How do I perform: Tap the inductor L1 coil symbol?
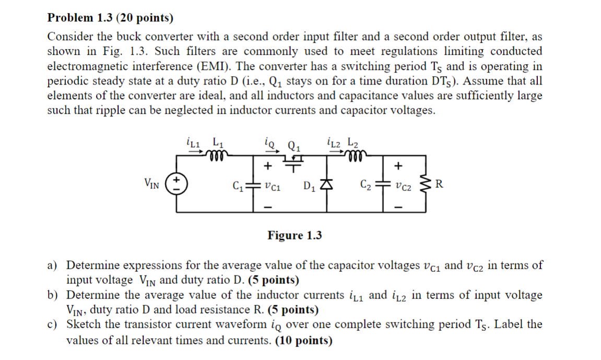[x=216, y=153]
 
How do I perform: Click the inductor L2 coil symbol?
[x=355, y=153]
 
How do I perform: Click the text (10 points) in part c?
[x=299, y=341]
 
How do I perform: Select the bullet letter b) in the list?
[x=53, y=295]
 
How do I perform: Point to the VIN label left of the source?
[x=152, y=183]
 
